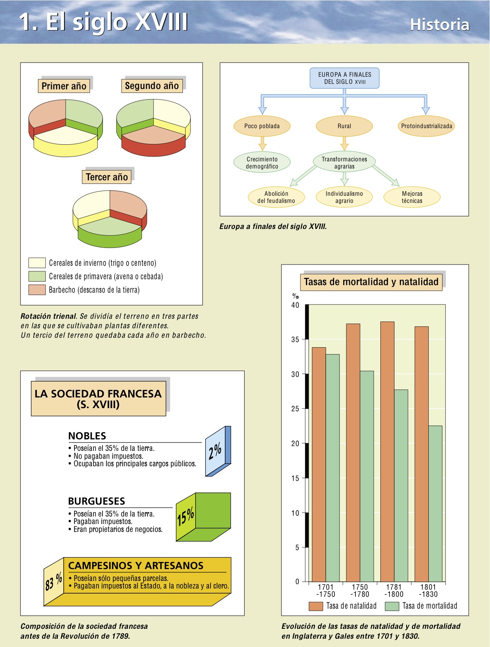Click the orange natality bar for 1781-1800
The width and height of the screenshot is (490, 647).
[x=387, y=451]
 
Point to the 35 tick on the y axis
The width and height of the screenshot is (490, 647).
[x=295, y=340]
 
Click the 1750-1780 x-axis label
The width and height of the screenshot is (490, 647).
[x=359, y=590]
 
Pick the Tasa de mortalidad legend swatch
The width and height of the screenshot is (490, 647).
[x=392, y=606]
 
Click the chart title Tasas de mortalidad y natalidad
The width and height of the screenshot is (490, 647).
[x=371, y=282]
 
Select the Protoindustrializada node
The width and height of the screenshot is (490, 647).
[x=426, y=126]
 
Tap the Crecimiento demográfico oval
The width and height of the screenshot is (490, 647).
[x=262, y=163]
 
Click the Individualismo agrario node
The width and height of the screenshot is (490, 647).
[x=344, y=197]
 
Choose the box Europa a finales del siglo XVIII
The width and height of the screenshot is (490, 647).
[x=344, y=78]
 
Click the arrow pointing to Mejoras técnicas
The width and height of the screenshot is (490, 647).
[x=386, y=175]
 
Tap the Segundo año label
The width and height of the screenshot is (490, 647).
[x=152, y=86]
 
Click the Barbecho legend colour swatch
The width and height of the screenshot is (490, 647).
[x=37, y=289]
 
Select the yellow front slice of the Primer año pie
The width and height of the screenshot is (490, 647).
[x=66, y=146]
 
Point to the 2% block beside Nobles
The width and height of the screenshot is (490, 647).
[x=217, y=451]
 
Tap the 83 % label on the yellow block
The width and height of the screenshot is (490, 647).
[x=53, y=581]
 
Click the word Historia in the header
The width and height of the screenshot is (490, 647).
[x=439, y=25]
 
